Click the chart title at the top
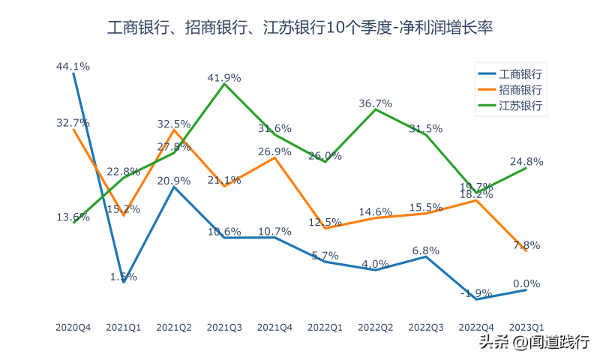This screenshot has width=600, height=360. [300, 28]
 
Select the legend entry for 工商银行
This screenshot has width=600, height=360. [510, 73]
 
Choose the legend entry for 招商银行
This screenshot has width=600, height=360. [510, 90]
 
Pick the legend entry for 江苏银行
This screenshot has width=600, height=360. [510, 106]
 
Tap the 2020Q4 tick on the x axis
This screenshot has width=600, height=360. [73, 328]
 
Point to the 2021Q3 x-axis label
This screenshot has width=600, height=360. [224, 328]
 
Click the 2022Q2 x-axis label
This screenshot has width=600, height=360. [376, 328]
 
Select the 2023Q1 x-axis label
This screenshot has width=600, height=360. [526, 328]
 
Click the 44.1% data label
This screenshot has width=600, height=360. [73, 66]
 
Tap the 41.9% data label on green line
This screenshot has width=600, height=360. [224, 77]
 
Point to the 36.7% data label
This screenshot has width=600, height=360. [376, 103]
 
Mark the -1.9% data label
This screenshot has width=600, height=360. [475, 292]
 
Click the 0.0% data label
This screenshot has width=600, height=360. [526, 283]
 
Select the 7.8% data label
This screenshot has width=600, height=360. [526, 245]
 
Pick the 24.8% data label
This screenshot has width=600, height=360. [526, 161]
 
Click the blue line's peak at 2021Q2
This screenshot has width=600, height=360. [174, 187]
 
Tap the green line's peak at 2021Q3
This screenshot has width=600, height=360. [224, 83]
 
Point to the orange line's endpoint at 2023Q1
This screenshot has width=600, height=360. [526, 250]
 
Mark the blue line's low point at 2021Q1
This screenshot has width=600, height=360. [124, 282]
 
